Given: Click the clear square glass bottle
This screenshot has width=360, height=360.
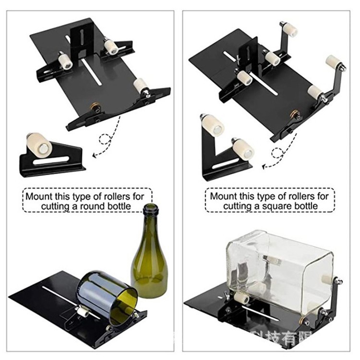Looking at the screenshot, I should pyautogui.click(x=278, y=269).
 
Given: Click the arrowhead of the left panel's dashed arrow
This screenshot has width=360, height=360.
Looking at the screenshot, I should pyautogui.click(x=94, y=155).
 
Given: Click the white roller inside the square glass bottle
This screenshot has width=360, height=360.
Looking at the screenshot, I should pyautogui.click(x=272, y=260).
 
